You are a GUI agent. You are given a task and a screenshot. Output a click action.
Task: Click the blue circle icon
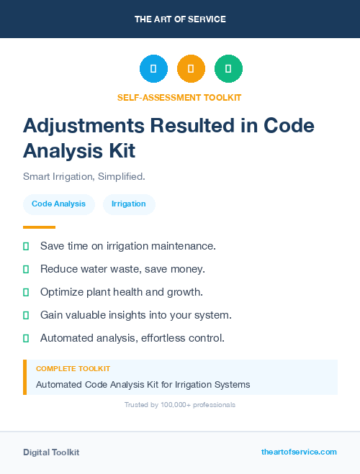(x=153, y=68)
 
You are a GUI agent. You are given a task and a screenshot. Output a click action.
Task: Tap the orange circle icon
(x=191, y=68)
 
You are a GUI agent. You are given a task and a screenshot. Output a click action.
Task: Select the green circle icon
(x=228, y=68)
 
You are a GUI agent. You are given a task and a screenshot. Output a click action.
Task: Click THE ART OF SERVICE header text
(x=180, y=19)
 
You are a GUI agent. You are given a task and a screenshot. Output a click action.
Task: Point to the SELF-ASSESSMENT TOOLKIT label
(x=179, y=97)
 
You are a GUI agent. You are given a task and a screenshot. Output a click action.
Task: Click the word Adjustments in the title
(x=83, y=125)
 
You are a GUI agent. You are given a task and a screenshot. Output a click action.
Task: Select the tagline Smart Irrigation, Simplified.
(x=84, y=176)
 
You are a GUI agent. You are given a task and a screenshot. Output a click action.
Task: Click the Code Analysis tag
(x=58, y=204)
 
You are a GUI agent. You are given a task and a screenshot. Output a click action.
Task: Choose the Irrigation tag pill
(x=129, y=204)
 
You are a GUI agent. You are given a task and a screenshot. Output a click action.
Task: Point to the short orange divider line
(x=39, y=227)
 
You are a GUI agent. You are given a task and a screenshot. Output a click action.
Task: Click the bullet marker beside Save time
(x=26, y=246)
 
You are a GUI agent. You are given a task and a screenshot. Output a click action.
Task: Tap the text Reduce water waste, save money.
(x=122, y=269)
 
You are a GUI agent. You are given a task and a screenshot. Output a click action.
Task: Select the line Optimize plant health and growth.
(x=121, y=292)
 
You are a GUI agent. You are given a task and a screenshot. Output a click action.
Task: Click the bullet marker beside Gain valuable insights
(x=26, y=315)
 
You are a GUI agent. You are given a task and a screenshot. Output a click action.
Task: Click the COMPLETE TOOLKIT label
(x=73, y=368)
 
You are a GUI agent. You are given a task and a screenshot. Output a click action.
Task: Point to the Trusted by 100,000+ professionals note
(x=179, y=405)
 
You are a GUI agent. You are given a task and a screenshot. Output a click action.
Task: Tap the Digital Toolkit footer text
(x=51, y=452)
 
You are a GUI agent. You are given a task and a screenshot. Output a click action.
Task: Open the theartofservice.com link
(x=299, y=452)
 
